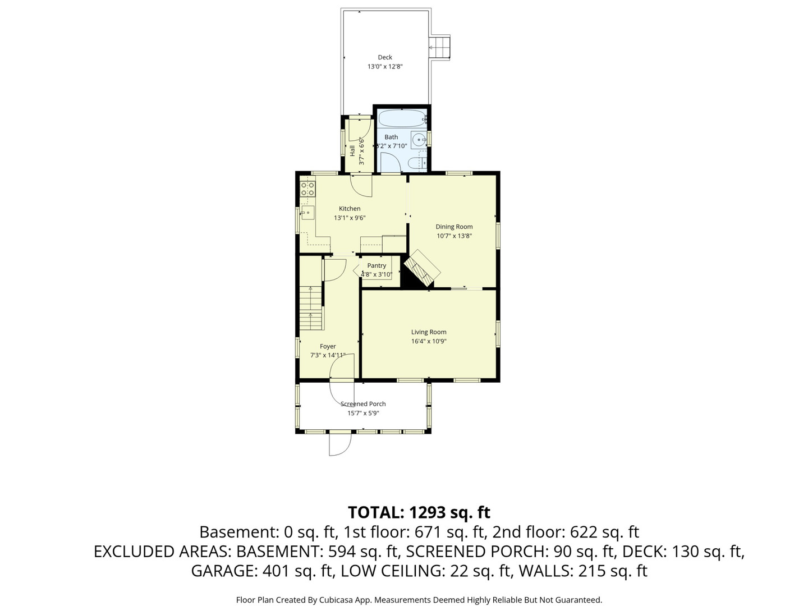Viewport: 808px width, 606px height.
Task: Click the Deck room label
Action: click(x=385, y=57)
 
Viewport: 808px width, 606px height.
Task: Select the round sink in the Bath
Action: click(x=418, y=140)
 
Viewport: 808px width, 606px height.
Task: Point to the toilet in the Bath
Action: click(x=416, y=163)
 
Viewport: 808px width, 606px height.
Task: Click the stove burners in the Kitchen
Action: click(x=307, y=189)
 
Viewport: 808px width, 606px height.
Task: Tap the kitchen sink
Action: click(x=307, y=212)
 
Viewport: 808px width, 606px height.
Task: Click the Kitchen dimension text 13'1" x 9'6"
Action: click(x=350, y=218)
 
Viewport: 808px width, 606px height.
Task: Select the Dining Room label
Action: click(x=454, y=227)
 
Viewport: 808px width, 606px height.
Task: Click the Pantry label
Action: click(x=377, y=265)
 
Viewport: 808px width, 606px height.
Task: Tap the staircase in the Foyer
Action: click(x=311, y=309)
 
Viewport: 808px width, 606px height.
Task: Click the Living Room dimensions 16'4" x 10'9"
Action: click(x=429, y=341)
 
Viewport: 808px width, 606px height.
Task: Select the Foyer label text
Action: click(x=328, y=346)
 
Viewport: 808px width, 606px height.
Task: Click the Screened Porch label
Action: click(x=363, y=404)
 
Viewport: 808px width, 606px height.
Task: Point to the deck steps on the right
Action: click(x=440, y=48)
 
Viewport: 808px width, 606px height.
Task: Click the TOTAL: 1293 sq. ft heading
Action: click(x=419, y=512)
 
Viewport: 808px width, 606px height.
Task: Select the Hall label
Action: click(x=352, y=150)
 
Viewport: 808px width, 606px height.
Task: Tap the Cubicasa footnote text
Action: click(x=419, y=600)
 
